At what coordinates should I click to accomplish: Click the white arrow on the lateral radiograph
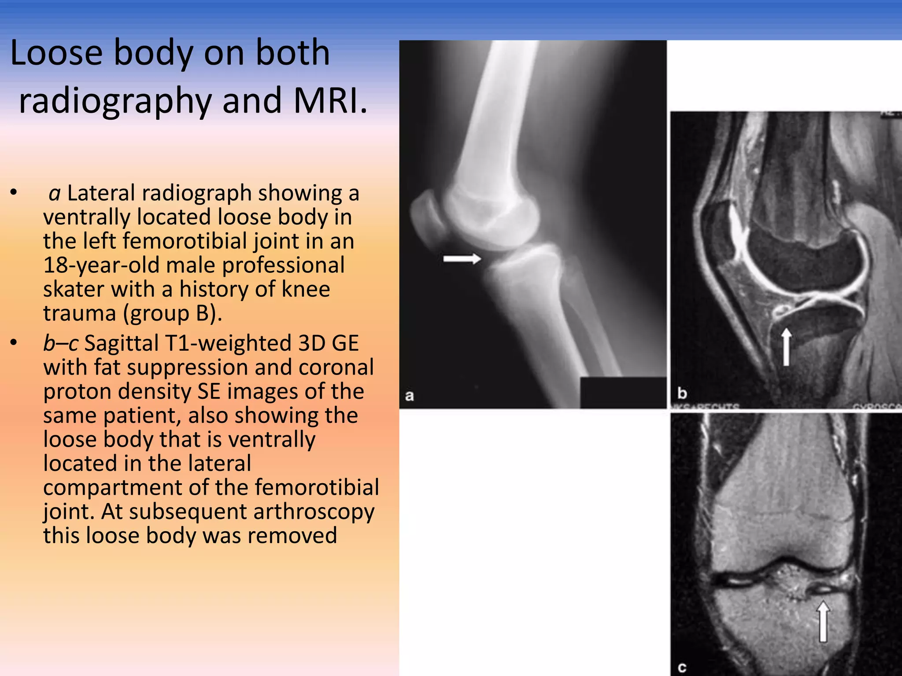[462, 259]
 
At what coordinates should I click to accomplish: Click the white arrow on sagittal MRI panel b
[786, 348]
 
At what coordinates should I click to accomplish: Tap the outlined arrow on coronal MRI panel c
[823, 621]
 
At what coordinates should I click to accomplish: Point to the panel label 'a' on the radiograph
[410, 396]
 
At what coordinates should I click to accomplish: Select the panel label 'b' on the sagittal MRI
[682, 392]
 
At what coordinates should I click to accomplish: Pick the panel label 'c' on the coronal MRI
[682, 668]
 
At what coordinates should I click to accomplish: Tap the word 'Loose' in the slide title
[56, 53]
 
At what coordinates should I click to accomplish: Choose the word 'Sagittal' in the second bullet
[121, 343]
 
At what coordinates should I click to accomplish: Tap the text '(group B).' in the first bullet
[172, 313]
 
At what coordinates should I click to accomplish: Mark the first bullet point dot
[14, 192]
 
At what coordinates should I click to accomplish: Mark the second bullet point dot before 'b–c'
[14, 342]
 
